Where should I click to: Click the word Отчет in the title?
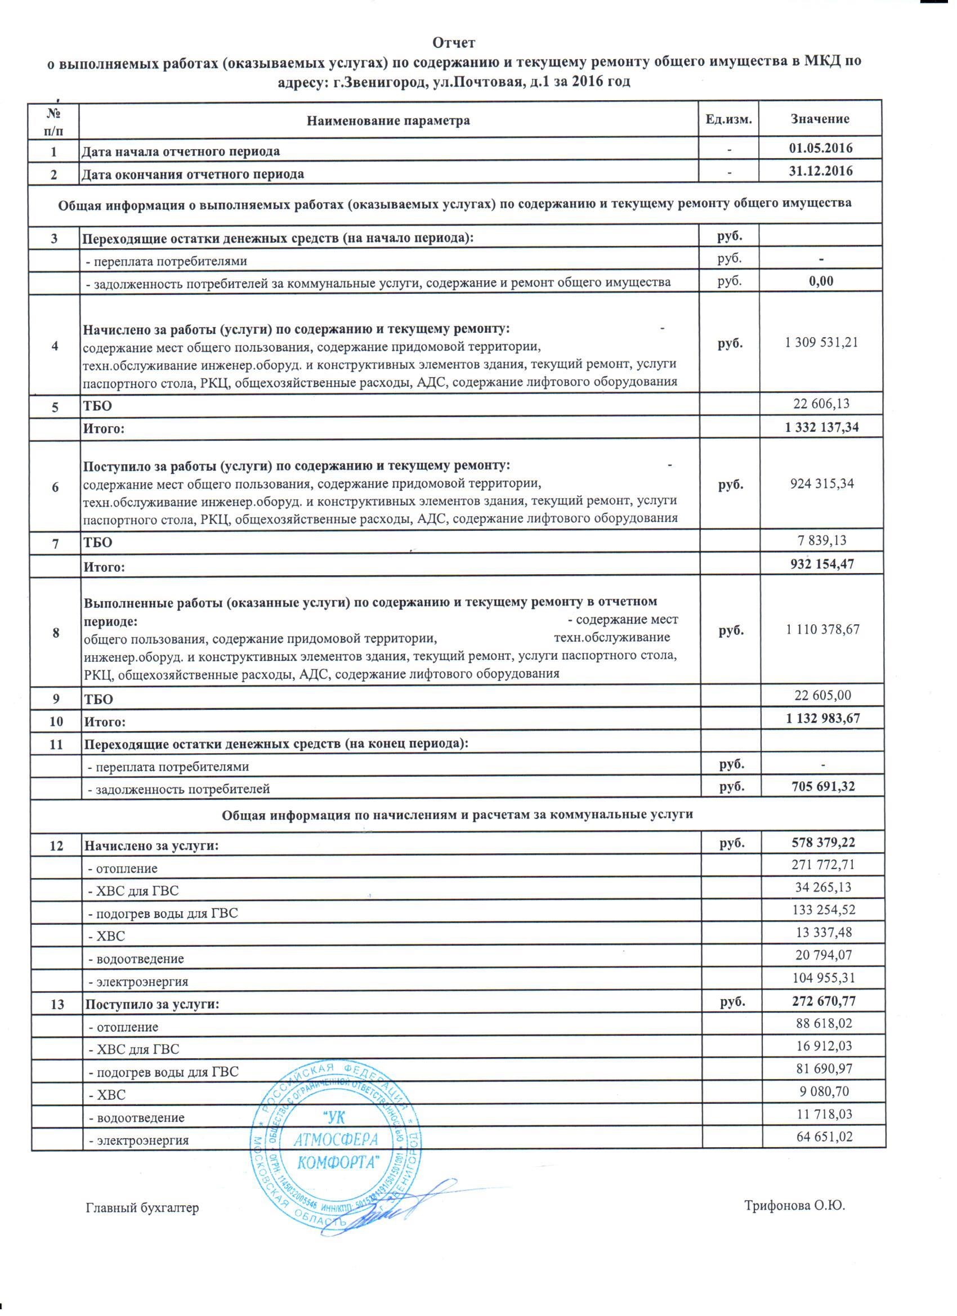click(454, 43)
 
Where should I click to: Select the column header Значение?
click(820, 119)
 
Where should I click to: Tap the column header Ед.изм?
click(728, 119)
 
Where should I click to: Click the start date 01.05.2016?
click(821, 149)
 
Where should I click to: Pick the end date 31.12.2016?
click(821, 171)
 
